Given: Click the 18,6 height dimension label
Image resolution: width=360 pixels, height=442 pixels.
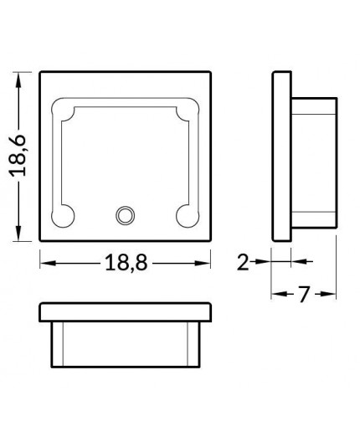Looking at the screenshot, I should tap(20, 157).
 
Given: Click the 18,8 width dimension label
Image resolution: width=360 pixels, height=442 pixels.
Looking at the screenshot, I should tap(126, 263).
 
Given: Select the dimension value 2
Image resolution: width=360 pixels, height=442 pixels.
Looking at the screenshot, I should tap(243, 262).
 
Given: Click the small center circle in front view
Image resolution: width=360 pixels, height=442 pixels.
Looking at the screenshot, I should tap(126, 215).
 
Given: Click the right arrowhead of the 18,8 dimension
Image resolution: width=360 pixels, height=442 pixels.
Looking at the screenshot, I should tap(205, 263).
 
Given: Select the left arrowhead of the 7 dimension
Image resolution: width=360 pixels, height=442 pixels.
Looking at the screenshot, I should tap(277, 295).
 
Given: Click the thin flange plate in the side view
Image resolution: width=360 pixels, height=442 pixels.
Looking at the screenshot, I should tap(281, 157).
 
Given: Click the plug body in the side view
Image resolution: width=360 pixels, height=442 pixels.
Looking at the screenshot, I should tap(313, 157).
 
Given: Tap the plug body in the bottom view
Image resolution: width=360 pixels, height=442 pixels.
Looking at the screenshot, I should tap(126, 342).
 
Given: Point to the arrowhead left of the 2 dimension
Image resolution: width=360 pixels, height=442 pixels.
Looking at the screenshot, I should tap(261, 262).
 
